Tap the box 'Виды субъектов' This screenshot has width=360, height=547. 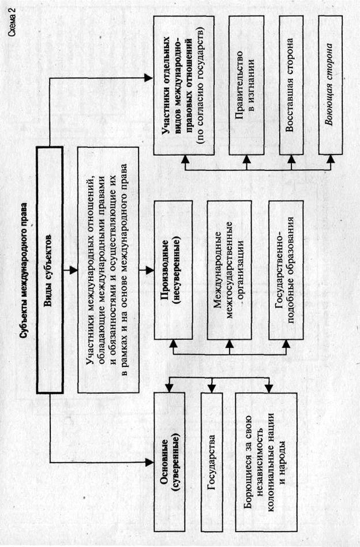(48, 271)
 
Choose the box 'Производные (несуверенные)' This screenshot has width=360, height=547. (169, 271)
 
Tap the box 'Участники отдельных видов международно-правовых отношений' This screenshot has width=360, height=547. (183, 85)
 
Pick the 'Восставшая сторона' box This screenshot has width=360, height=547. (291, 85)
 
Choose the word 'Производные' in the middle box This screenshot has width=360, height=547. (164, 271)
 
